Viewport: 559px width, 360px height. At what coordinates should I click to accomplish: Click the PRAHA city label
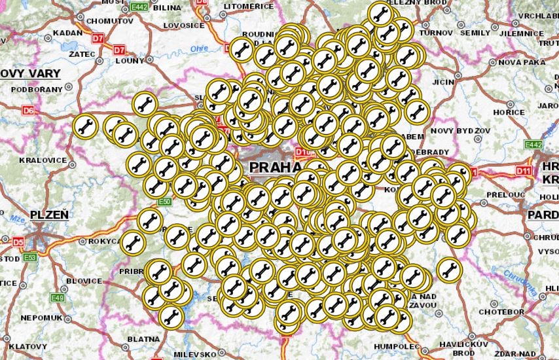[x=274, y=168]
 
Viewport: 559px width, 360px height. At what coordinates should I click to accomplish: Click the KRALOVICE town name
[x=43, y=160]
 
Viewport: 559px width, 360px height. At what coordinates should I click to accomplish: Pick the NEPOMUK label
[x=41, y=317]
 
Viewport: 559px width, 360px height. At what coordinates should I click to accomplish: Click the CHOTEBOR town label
[x=503, y=312]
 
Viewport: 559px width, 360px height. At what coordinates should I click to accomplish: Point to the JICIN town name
[x=442, y=82]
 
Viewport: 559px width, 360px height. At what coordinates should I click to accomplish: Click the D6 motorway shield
[x=28, y=111]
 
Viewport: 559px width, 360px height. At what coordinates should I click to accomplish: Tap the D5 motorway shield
[x=18, y=242]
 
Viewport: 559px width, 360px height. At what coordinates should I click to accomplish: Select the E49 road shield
[x=58, y=298]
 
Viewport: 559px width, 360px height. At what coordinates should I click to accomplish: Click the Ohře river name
[x=199, y=49]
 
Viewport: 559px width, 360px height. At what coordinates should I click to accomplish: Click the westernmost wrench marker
[x=85, y=126]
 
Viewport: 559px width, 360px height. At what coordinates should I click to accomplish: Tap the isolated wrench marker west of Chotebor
[x=448, y=269]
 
